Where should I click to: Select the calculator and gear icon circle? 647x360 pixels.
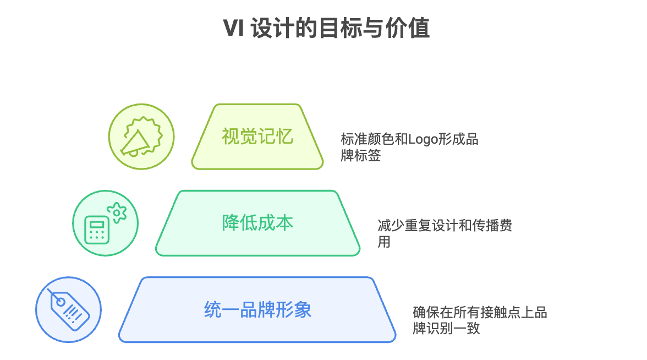pyautogui.click(x=106, y=223)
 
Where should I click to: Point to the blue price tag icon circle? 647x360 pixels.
pyautogui.click(x=69, y=309)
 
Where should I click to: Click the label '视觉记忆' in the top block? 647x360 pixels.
pyautogui.click(x=257, y=137)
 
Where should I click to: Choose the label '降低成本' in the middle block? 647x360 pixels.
pyautogui.click(x=257, y=223)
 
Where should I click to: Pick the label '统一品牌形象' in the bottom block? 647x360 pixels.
pyautogui.click(x=257, y=309)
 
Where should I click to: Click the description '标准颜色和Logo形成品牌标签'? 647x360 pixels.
pyautogui.click(x=409, y=147)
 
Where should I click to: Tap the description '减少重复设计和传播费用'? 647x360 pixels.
pyautogui.click(x=445, y=233)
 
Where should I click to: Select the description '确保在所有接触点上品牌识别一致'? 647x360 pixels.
pyautogui.click(x=480, y=320)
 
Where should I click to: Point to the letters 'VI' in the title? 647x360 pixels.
pyautogui.click(x=233, y=28)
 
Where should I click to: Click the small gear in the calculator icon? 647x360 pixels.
pyautogui.click(x=116, y=212)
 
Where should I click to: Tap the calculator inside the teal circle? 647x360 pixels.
pyautogui.click(x=96, y=230)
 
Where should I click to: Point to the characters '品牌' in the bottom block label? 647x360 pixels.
pyautogui.click(x=257, y=309)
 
